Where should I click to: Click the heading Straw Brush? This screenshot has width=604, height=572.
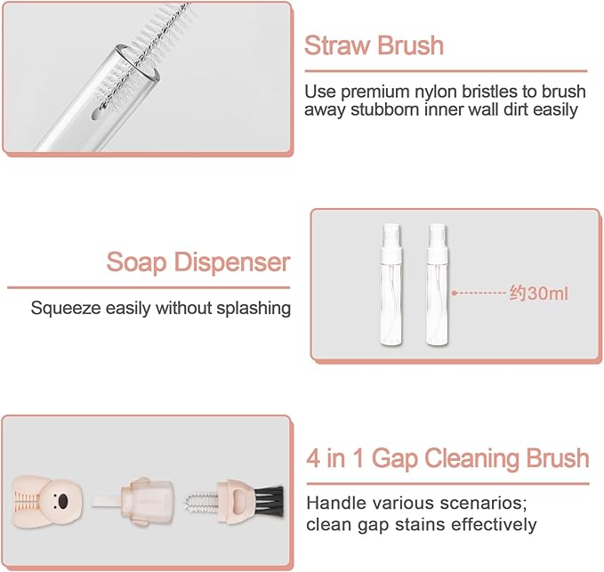click(374, 45)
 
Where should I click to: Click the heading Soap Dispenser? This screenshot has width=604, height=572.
click(198, 262)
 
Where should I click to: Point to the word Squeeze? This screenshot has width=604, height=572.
click(64, 309)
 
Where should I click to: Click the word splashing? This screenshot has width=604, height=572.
click(258, 310)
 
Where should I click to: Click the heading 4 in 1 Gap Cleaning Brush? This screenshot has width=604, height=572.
click(447, 459)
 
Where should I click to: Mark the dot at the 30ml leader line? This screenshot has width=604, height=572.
click(455, 291)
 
